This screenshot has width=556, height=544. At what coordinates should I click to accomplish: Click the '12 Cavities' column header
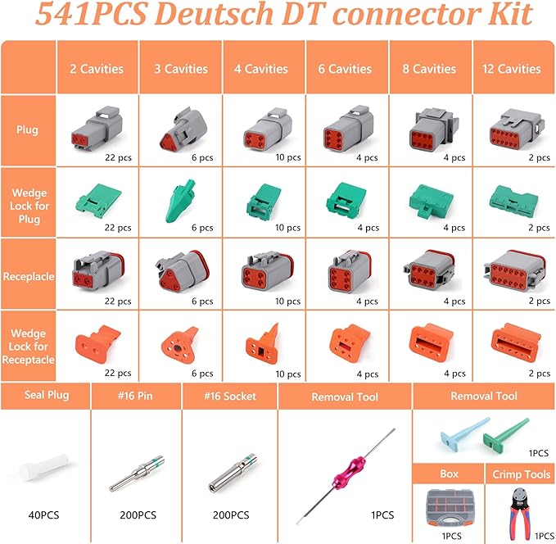click(513, 69)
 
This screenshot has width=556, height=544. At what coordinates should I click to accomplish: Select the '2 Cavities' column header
click(97, 69)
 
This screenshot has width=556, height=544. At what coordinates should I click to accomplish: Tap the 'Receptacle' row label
click(29, 276)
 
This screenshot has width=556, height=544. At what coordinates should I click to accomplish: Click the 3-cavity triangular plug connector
click(180, 126)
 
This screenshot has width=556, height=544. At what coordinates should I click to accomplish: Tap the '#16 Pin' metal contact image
click(136, 474)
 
